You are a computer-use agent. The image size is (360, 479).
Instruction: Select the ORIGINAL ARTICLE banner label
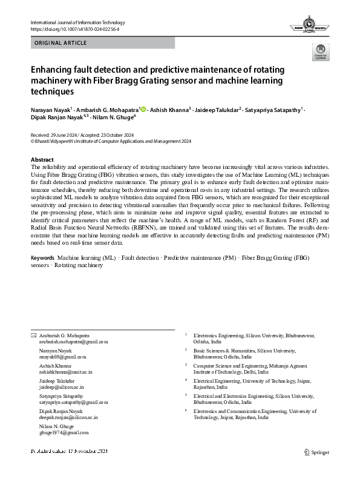[x=61, y=43]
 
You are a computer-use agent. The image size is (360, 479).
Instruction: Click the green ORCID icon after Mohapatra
[x=143, y=110]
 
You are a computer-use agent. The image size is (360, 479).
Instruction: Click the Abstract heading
[x=42, y=160]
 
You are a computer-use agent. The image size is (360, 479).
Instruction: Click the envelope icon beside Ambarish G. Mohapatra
[x=33, y=335]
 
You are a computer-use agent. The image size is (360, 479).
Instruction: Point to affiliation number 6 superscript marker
[x=186, y=410]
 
